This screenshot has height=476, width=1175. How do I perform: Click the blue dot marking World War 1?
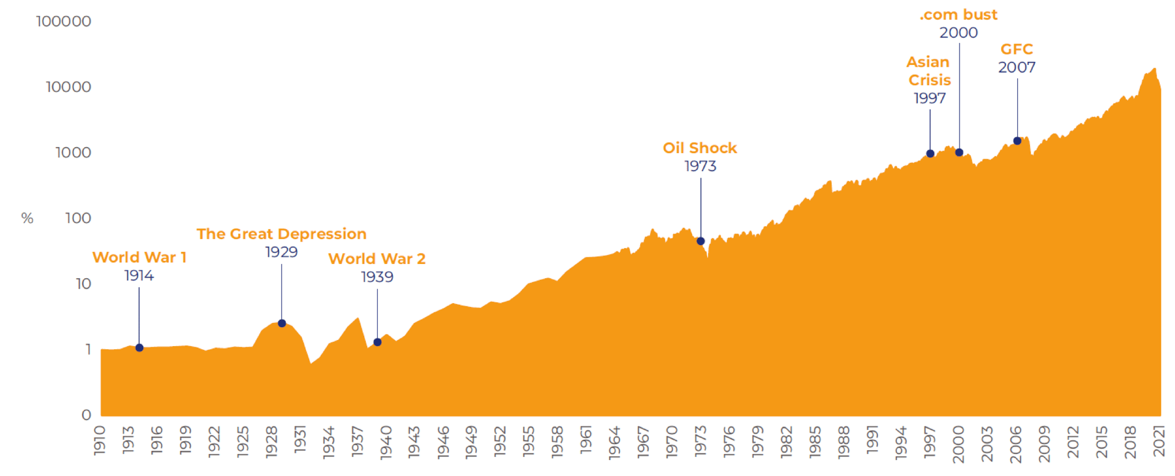(140, 348)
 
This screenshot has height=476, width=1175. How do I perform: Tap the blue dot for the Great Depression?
(282, 323)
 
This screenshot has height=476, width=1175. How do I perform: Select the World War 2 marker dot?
(378, 342)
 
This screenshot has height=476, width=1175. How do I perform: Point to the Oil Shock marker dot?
(701, 241)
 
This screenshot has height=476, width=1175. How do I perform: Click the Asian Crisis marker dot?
(930, 154)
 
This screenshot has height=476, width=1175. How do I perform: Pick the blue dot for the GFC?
(1017, 141)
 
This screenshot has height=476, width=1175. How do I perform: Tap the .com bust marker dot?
(959, 153)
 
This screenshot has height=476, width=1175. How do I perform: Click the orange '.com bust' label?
(958, 15)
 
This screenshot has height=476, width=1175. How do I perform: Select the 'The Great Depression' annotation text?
(282, 234)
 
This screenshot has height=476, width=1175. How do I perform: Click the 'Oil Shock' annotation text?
(699, 148)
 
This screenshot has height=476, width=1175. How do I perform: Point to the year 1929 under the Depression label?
(282, 252)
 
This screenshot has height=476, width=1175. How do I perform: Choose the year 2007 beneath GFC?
(1016, 67)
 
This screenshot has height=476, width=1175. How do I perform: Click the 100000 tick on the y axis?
(64, 21)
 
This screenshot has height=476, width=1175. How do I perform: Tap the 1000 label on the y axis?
(73, 153)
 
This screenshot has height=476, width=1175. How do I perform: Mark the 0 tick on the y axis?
(86, 415)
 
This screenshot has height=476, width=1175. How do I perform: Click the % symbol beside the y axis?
(27, 218)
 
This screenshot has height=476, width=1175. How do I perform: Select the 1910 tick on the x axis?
(100, 441)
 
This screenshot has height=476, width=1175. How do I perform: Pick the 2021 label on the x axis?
(1159, 441)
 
